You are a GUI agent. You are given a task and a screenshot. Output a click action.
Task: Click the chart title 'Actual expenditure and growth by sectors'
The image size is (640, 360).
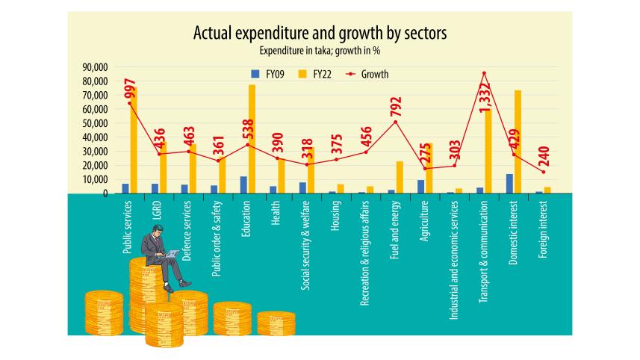coord(320,34)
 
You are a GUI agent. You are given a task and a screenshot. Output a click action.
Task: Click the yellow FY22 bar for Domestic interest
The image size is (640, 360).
coord(517,142)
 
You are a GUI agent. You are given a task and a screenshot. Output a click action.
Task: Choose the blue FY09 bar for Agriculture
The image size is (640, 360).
coord(421,187)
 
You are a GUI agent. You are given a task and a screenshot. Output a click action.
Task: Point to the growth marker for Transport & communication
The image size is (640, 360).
coord(484,73)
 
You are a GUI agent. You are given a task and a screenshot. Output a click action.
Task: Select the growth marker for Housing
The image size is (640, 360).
coord(336,159)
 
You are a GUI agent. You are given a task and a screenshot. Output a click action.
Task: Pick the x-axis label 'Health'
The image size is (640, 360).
coord(276,211)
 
